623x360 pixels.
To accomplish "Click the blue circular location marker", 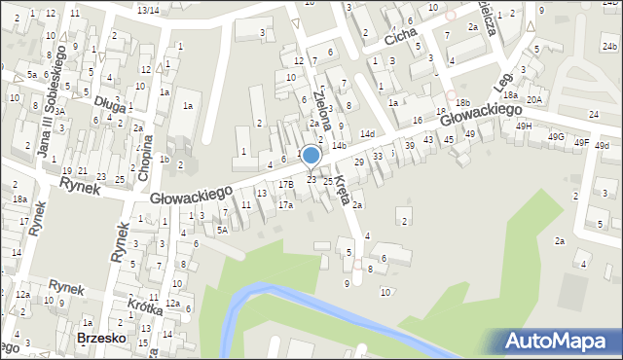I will [x=311, y=156].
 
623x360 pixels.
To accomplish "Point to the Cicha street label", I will [x=400, y=36].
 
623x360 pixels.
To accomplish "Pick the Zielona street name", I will [x=326, y=109].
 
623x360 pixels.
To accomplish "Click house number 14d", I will [x=367, y=133].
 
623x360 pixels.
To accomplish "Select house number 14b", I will [x=339, y=146].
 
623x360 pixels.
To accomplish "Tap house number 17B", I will [x=285, y=184].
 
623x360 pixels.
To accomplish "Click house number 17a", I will [x=285, y=205].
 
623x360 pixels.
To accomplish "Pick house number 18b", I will [x=462, y=102].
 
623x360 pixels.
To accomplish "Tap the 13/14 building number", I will [x=148, y=10].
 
